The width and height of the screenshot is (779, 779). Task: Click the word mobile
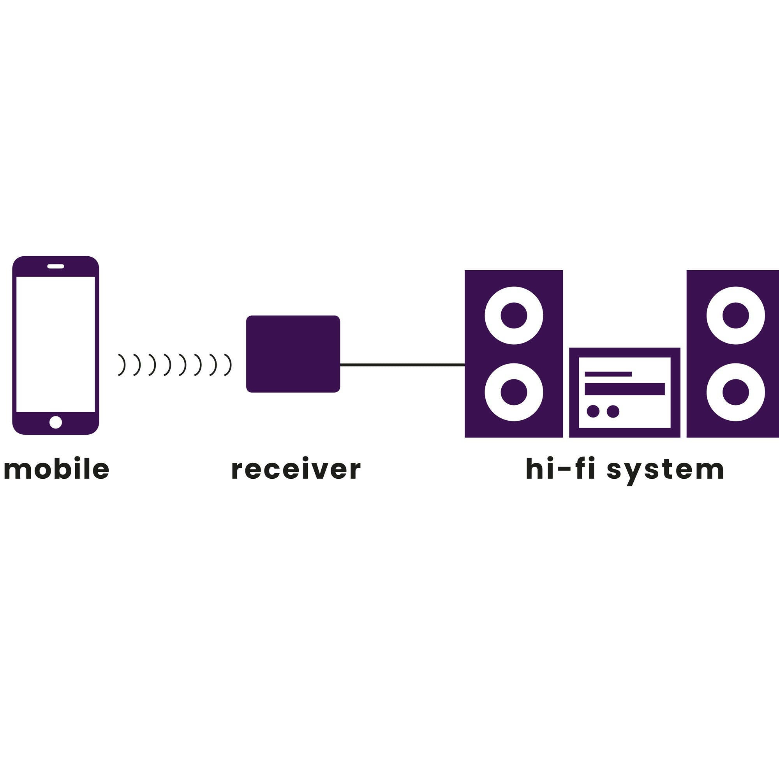56,469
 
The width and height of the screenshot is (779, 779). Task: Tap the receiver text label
296,469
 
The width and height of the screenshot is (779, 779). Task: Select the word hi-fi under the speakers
560,469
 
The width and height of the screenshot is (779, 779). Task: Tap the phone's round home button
56,422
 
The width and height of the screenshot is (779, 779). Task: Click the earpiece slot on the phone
56,266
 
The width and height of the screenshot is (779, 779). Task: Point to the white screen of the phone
56,344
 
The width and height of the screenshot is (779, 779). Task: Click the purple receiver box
293,354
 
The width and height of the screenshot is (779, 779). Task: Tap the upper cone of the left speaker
514,315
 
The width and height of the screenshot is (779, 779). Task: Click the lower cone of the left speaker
514,392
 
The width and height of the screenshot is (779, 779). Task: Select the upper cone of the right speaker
735,315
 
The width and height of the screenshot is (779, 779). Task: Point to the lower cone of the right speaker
735,392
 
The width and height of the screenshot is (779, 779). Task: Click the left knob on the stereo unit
593,411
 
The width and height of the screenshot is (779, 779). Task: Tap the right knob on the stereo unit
613,411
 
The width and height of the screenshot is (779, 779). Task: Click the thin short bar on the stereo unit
608,374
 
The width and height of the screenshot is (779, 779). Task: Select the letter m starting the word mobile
14,470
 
